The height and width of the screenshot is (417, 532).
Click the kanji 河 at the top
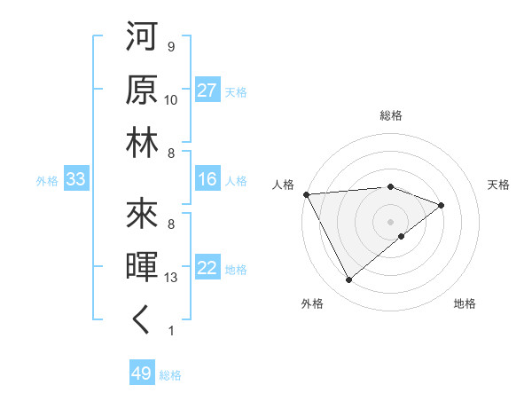coord(142,40)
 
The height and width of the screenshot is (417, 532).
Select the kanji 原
coord(142,92)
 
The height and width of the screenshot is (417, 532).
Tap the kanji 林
coord(142,144)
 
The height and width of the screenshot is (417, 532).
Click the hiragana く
coord(142,320)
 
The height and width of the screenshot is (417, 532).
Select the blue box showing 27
coord(207,91)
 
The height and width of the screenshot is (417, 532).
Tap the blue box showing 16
coord(207,180)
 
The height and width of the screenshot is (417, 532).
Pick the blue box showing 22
coord(207,269)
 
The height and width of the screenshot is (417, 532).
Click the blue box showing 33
coord(75,180)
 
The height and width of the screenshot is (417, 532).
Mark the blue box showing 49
coord(141,374)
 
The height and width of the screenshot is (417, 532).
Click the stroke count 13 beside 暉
coord(172,278)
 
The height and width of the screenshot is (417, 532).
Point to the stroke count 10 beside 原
coord(171,100)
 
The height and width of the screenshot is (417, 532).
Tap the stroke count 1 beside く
coord(171,331)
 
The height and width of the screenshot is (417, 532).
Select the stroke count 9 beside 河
coord(171,47)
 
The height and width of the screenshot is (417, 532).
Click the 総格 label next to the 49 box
coord(170,375)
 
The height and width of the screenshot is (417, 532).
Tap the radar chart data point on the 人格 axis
coord(306,193)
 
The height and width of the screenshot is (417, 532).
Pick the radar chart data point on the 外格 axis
coord(349,280)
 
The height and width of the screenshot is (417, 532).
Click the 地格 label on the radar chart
coord(465,304)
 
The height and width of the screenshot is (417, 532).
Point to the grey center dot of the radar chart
coord(390,220)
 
